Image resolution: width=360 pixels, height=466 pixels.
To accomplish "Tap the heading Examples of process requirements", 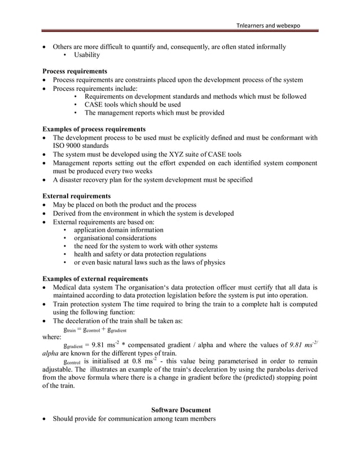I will point(94,129).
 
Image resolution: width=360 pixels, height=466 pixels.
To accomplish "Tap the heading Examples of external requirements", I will point(96,279).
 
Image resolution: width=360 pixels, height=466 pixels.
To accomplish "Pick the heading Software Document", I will point(181,410).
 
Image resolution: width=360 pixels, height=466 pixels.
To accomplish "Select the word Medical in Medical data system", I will point(65,287).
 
